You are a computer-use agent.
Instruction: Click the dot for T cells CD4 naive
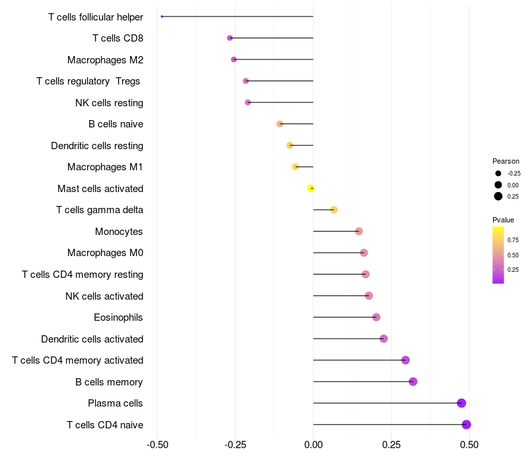(x=466, y=424)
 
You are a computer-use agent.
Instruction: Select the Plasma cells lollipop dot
(x=461, y=403)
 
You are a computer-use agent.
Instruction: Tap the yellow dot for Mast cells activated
(x=311, y=188)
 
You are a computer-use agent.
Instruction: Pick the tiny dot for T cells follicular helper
(x=162, y=16)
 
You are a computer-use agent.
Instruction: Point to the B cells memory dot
(x=413, y=381)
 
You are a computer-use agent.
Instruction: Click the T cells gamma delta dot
(x=334, y=210)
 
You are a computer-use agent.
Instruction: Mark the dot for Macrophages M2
(x=234, y=59)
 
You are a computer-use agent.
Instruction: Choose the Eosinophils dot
(x=376, y=317)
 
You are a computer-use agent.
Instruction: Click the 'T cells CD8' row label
(x=117, y=38)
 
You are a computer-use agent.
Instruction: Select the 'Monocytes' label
(x=119, y=232)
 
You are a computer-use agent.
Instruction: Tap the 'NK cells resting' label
(x=109, y=103)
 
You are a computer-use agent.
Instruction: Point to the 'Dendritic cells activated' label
(x=92, y=339)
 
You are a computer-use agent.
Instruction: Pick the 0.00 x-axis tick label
(x=313, y=445)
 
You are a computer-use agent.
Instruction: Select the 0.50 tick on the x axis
(x=469, y=445)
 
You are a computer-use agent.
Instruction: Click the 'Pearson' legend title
(x=506, y=161)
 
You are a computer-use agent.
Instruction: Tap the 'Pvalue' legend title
(x=503, y=220)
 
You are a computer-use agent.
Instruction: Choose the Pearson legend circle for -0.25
(x=498, y=173)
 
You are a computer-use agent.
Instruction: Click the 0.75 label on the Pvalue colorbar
(x=513, y=240)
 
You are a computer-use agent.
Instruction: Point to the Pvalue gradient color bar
(x=498, y=255)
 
